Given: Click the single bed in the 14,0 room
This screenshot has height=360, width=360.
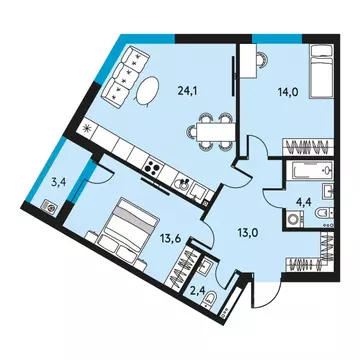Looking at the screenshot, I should click(318, 75).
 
